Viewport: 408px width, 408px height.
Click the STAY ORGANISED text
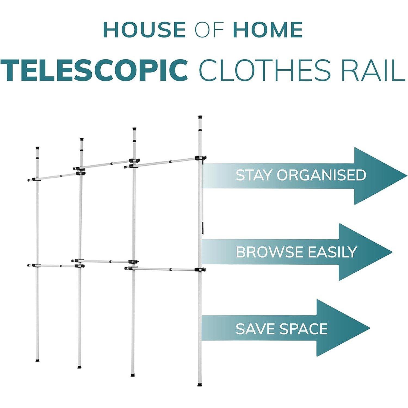pyautogui.click(x=301, y=175)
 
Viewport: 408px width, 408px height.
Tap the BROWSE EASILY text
pyautogui.click(x=296, y=252)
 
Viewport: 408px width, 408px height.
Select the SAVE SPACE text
pyautogui.click(x=282, y=329)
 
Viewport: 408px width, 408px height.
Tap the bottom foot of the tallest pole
pyautogui.click(x=200, y=385)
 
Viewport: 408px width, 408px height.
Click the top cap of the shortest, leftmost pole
pyautogui.click(x=38, y=148)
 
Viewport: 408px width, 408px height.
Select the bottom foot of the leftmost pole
pyautogui.click(x=38, y=361)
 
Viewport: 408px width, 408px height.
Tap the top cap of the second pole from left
pyautogui.click(x=82, y=140)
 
